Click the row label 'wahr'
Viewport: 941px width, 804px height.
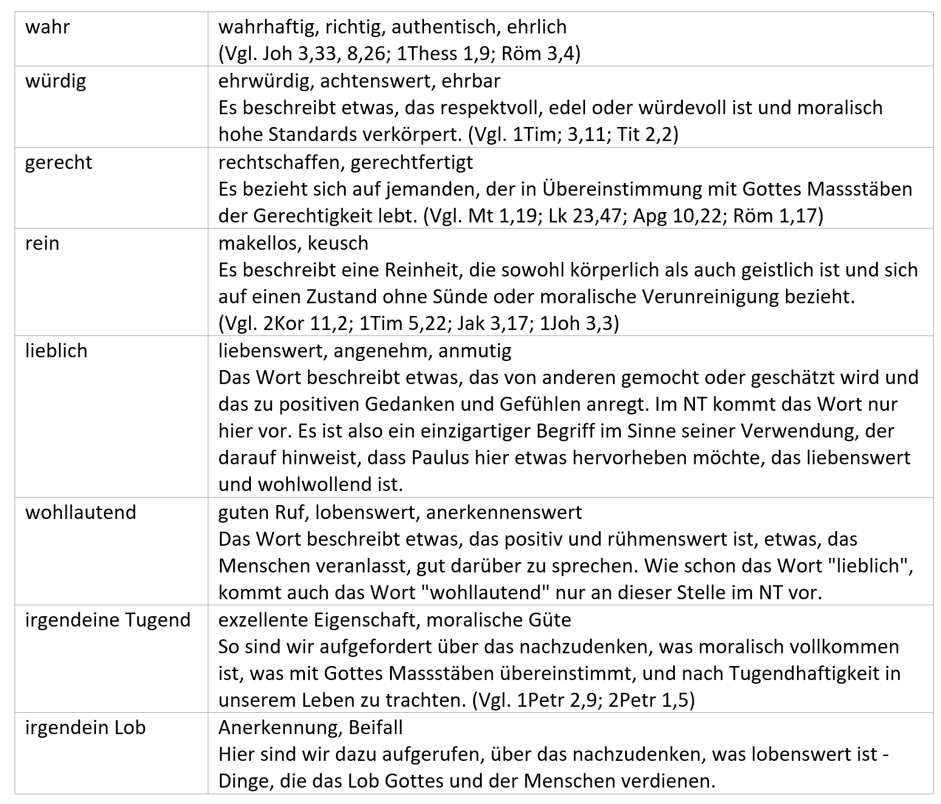[47, 27]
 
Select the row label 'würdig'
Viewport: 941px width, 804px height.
[55, 81]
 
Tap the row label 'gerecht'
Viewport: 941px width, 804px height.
[58, 162]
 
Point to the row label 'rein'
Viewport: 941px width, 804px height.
[42, 243]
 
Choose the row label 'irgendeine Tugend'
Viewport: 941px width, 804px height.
[108, 620]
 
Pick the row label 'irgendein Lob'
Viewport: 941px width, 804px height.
[85, 727]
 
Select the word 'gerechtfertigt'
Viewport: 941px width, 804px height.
[412, 162]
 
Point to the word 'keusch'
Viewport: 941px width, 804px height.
[338, 243]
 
